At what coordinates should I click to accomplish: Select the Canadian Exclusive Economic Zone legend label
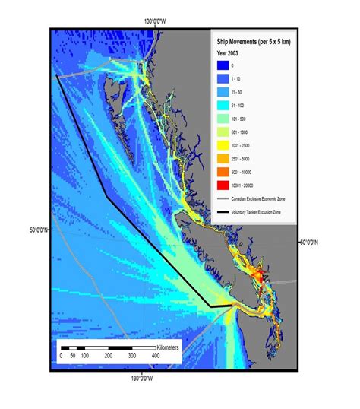[264, 198]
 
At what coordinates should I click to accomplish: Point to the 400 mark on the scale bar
[156, 356]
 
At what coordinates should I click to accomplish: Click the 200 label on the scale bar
[109, 356]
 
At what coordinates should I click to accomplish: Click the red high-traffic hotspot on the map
[262, 272]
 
